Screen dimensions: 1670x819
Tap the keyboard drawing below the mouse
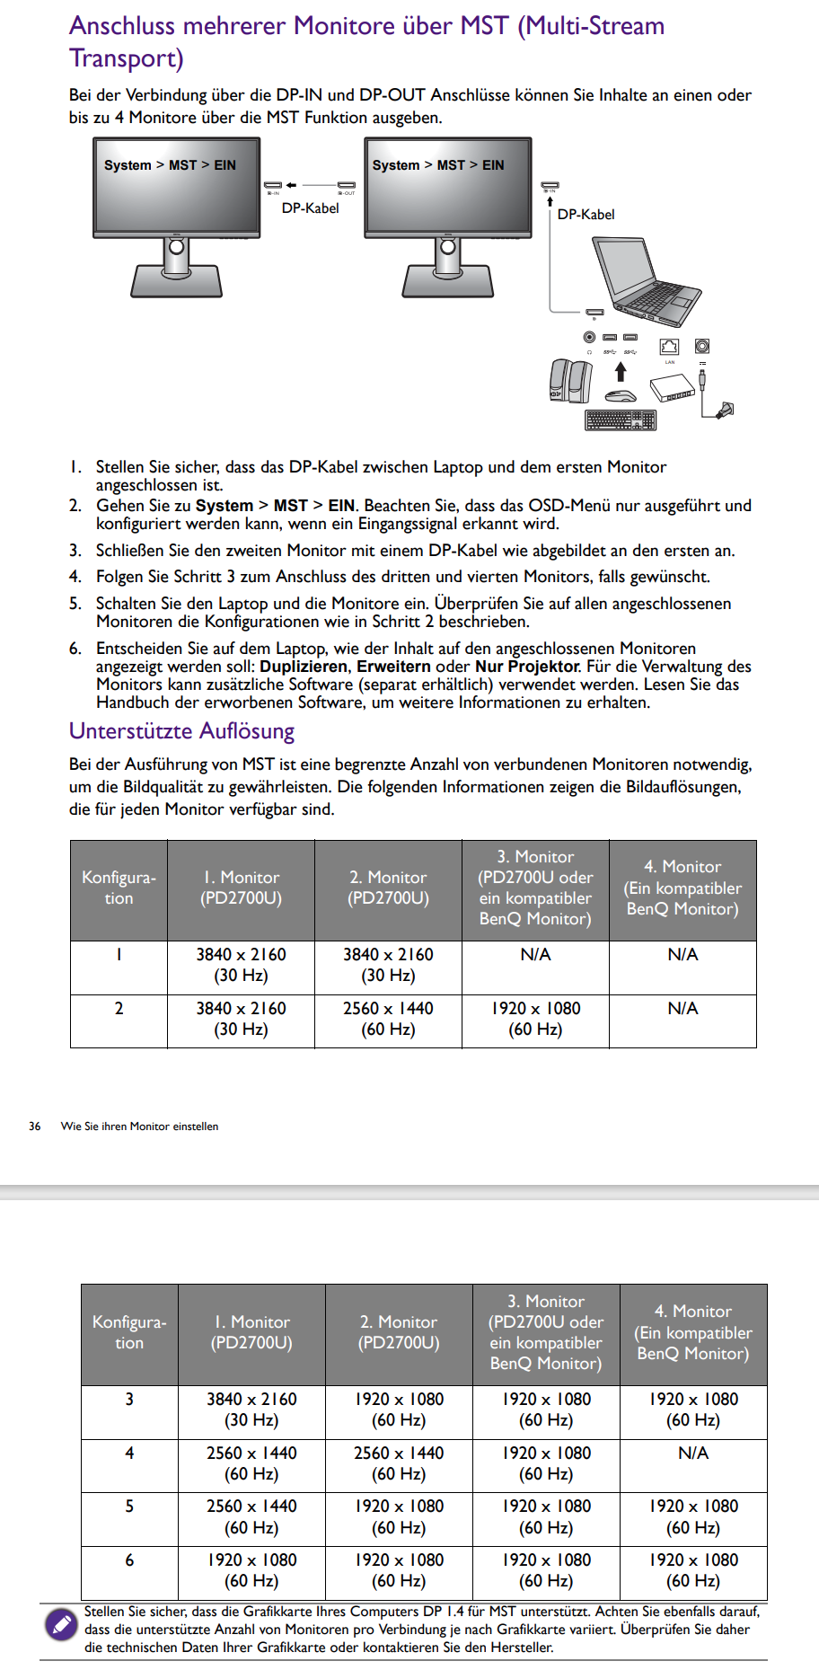pos(620,420)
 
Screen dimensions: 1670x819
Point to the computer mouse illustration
pos(620,395)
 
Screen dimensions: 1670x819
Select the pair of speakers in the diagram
pos(570,381)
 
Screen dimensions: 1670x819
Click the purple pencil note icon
pos(62,1624)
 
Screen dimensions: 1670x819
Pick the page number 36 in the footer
pos(35,1127)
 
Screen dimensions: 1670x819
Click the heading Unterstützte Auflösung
pos(181,731)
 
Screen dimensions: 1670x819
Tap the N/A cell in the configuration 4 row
pos(693,1454)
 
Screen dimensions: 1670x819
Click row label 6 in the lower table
pos(129,1560)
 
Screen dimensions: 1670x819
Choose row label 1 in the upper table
pos(119,955)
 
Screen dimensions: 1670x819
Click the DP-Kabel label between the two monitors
pos(310,208)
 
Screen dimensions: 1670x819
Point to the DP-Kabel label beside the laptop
pos(586,215)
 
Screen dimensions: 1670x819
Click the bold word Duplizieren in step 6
pos(304,667)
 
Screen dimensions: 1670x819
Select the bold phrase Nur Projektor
pos(527,667)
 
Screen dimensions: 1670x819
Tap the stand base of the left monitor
pos(176,282)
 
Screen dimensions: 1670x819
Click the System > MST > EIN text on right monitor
pos(438,165)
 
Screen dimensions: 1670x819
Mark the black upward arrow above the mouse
pos(620,371)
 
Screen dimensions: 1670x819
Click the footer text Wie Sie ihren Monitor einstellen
pos(139,1127)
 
